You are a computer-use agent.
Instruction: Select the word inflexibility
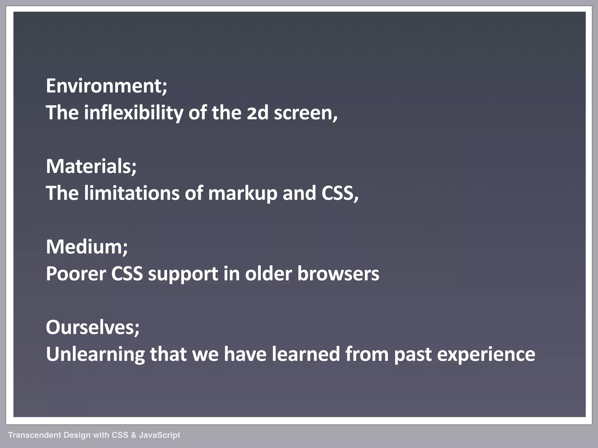tap(133, 113)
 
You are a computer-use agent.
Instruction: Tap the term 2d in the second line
tap(257, 113)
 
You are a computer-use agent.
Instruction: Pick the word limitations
tap(131, 193)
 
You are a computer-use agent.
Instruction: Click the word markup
tap(242, 194)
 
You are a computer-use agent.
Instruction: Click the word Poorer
tap(76, 274)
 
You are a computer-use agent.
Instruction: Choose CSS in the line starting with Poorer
tap(127, 274)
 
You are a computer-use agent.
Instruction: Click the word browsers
tap(338, 274)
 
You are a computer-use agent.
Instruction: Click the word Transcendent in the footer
tap(34, 435)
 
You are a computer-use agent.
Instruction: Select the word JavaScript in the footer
tap(159, 435)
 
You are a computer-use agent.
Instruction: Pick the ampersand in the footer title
tap(133, 435)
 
